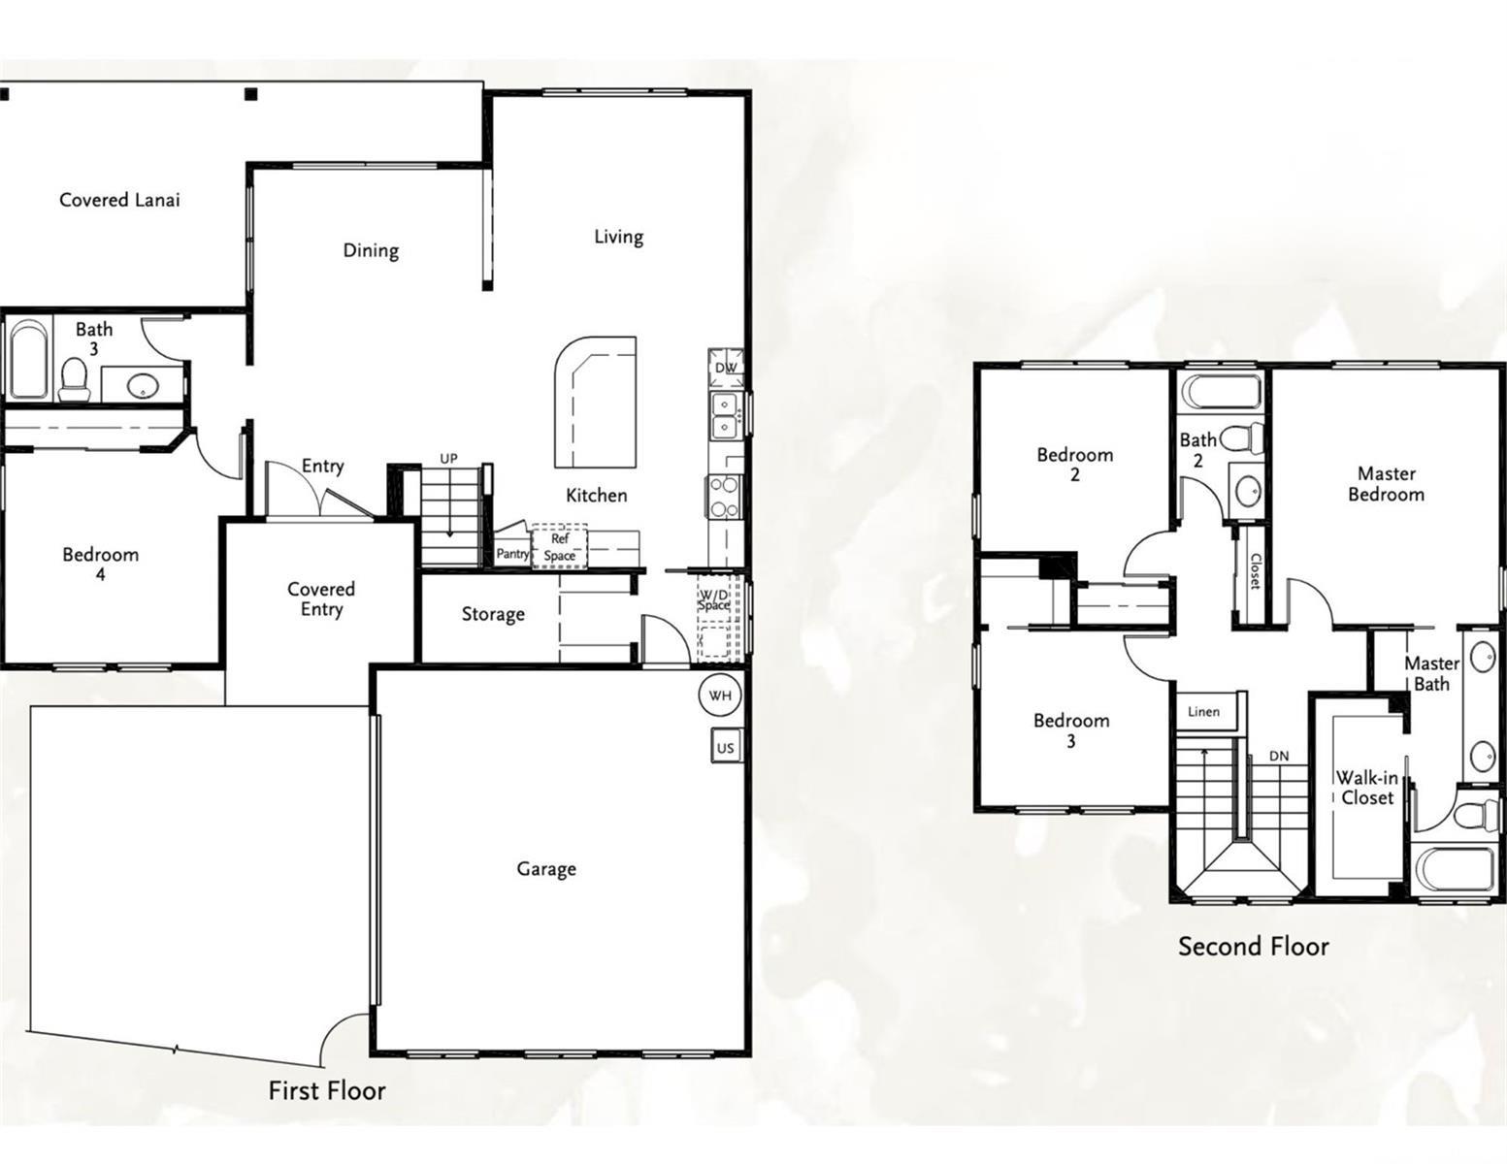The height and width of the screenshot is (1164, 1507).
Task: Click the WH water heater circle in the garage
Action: click(721, 695)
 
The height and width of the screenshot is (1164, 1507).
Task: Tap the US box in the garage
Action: click(726, 746)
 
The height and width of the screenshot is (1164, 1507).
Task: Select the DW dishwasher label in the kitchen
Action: click(726, 368)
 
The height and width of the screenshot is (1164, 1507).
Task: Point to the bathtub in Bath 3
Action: click(29, 359)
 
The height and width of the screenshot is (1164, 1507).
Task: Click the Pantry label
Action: click(512, 554)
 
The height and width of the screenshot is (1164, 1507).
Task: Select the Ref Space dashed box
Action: click(560, 546)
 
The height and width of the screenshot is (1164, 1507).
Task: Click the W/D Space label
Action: click(713, 599)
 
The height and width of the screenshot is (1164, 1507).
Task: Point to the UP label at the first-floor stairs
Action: click(448, 458)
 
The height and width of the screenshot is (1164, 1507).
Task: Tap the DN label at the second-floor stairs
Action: click(1280, 757)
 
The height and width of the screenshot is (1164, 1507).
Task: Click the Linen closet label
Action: click(1203, 711)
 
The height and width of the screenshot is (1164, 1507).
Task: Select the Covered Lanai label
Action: click(119, 200)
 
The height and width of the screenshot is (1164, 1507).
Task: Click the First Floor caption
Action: click(327, 1090)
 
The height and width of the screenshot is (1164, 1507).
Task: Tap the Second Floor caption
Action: click(1253, 947)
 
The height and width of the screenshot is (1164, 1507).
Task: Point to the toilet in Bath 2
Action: click(1241, 437)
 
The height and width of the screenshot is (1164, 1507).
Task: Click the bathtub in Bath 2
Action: click(1222, 393)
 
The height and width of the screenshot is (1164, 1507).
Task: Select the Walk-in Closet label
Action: click(1367, 788)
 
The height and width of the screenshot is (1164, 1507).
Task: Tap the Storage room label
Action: click(493, 614)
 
